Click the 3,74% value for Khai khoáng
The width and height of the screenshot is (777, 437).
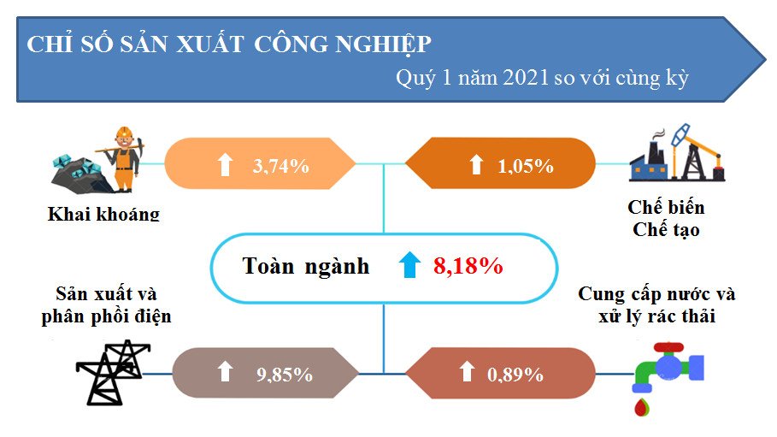tap(281, 166)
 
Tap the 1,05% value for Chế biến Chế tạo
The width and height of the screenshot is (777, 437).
tap(526, 166)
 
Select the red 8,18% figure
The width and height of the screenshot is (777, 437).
tap(468, 266)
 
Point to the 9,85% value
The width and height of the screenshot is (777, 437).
tap(285, 375)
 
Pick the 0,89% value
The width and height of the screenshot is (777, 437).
tap(515, 375)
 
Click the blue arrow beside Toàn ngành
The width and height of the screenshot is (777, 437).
tap(409, 264)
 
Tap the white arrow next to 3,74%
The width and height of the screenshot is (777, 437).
tap(226, 164)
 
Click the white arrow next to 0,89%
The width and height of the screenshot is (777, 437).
tap(467, 371)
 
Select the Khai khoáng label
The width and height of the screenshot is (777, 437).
tap(103, 214)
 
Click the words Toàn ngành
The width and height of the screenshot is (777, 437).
tap(306, 266)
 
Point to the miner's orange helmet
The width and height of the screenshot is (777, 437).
tap(125, 133)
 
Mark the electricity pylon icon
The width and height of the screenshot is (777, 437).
tap(113, 372)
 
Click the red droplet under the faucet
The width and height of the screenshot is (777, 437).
tap(642, 406)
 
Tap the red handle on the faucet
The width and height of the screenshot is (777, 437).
tap(668, 347)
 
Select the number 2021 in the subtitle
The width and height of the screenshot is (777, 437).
tap(526, 77)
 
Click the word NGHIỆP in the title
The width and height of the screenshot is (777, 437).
tap(383, 44)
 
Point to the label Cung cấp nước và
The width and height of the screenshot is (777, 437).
tap(656, 294)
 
